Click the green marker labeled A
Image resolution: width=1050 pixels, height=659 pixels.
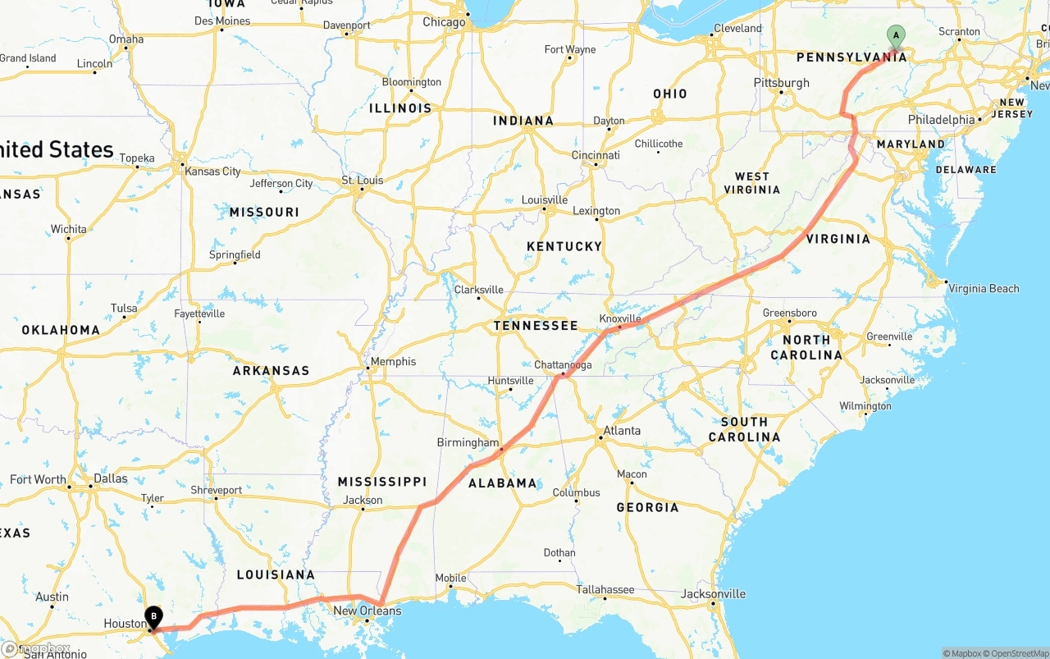[x=897, y=35]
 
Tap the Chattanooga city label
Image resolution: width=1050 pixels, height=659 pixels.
[x=563, y=365]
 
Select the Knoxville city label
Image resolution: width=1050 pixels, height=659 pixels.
[x=620, y=318]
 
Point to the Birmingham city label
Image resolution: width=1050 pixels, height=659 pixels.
[x=468, y=442]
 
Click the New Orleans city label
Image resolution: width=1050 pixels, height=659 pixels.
[x=367, y=611]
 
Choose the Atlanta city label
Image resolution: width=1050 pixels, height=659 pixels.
[x=622, y=431]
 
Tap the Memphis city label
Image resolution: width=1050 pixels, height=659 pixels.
[x=394, y=361]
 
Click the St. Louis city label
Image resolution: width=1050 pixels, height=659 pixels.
[x=363, y=181]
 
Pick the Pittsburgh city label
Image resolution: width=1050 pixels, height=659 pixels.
[x=781, y=83]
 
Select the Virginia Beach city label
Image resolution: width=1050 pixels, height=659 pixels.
[x=983, y=288]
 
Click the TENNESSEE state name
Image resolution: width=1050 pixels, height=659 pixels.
[x=536, y=326]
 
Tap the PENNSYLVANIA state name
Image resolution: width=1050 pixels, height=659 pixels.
[x=851, y=57]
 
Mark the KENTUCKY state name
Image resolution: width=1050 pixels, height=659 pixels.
[x=564, y=246]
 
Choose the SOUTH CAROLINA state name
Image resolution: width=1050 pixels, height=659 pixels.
[x=744, y=429]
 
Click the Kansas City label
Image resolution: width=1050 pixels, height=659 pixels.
[x=212, y=172]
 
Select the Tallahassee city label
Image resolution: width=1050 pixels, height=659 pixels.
[x=605, y=589]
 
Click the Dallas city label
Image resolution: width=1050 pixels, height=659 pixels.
[x=111, y=478]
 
